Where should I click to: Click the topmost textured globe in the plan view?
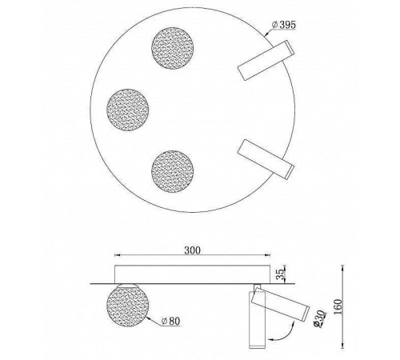click(x=174, y=46)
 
